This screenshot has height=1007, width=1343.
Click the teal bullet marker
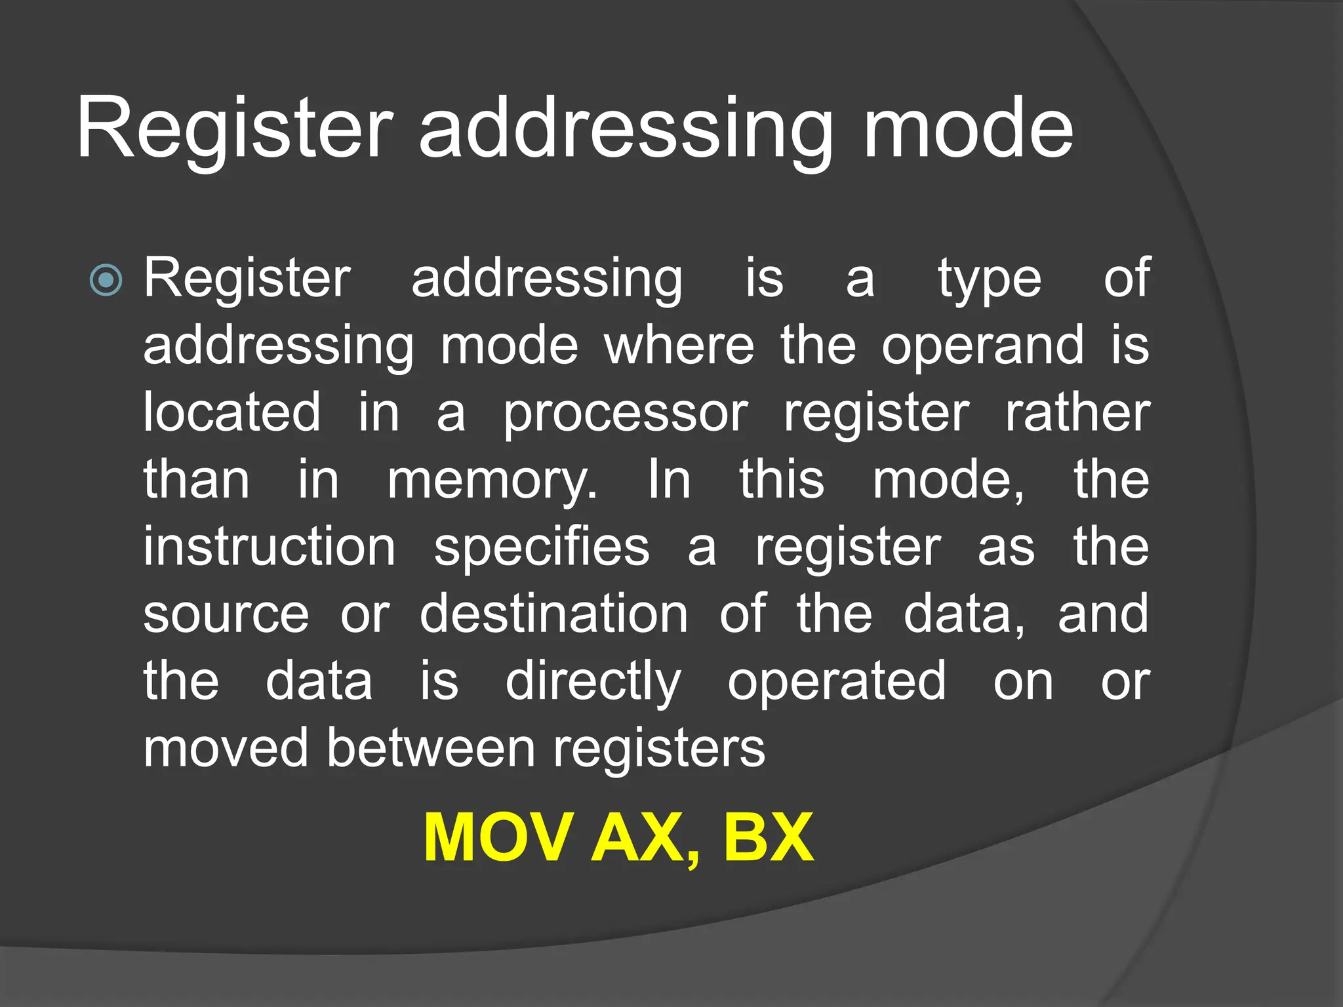(x=106, y=281)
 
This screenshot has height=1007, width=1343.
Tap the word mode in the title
(x=968, y=128)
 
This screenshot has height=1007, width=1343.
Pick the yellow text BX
(x=769, y=837)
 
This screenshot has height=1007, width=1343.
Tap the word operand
(x=982, y=346)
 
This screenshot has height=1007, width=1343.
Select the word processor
(x=625, y=414)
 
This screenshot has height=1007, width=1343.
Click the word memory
(x=492, y=481)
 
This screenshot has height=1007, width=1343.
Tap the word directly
(x=593, y=682)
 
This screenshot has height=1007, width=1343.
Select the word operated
(x=837, y=682)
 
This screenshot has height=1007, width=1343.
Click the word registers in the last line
(x=659, y=749)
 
